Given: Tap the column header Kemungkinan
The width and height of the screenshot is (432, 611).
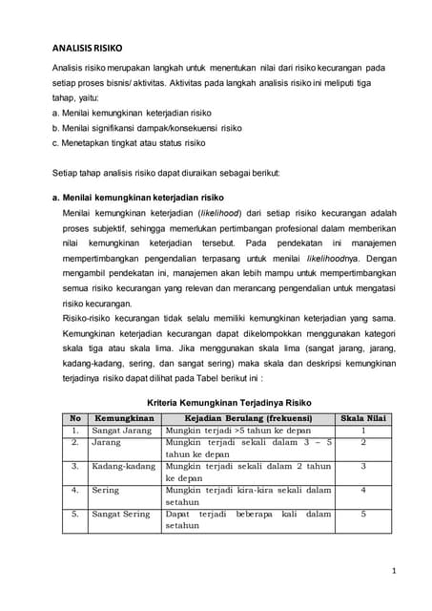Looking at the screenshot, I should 125,418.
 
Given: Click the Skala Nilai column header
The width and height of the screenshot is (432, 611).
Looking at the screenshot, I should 363,418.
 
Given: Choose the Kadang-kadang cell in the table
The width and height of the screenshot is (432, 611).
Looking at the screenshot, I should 123,466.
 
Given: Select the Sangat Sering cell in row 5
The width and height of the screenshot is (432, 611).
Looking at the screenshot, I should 120,514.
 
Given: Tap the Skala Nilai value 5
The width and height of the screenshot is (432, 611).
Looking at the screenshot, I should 363,514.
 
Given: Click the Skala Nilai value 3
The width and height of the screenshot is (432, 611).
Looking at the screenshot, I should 363,466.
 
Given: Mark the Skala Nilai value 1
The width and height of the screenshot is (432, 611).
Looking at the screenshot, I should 363,431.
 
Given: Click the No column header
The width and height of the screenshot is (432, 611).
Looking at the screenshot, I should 73,418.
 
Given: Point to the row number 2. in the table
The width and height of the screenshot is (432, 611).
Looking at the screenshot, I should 73,442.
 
